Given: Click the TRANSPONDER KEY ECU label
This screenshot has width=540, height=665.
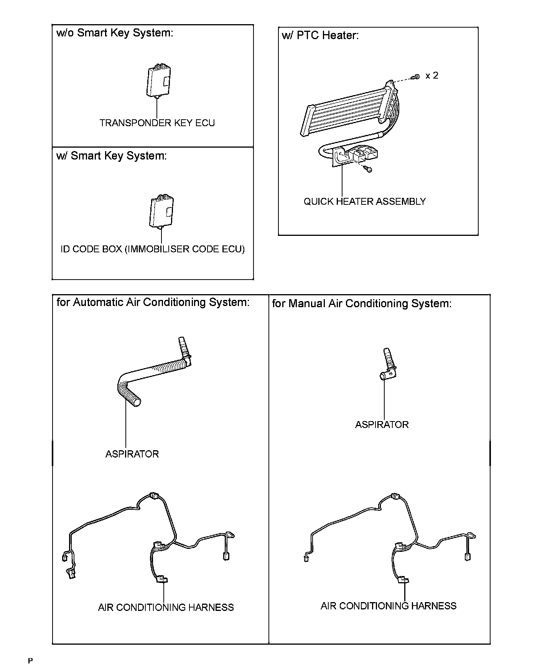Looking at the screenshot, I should click(157, 123).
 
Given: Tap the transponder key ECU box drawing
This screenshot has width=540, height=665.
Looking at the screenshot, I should click(158, 82).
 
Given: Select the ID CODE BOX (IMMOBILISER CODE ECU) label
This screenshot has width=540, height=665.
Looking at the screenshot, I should click(153, 249).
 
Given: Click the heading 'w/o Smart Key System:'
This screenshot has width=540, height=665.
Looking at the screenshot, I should click(115, 33).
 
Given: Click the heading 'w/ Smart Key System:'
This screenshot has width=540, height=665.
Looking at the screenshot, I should click(111, 156).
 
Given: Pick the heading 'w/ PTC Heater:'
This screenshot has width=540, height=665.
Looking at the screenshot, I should click(320, 36).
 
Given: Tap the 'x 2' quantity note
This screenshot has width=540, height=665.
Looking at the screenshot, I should click(431, 76).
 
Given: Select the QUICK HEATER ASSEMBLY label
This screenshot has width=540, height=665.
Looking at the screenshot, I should click(364, 202).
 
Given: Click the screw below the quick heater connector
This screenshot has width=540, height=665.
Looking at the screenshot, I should click(369, 168).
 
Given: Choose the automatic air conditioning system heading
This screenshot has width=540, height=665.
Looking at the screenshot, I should click(153, 303).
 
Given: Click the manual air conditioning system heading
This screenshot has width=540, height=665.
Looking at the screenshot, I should click(362, 304).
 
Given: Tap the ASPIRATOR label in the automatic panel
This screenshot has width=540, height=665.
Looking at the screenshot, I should click(132, 454).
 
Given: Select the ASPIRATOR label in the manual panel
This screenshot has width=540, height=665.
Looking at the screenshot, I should click(382, 425).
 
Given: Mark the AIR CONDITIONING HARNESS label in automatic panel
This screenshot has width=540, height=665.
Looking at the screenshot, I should click(166, 607).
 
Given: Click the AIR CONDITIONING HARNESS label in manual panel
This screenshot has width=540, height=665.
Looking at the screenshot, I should click(389, 606).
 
